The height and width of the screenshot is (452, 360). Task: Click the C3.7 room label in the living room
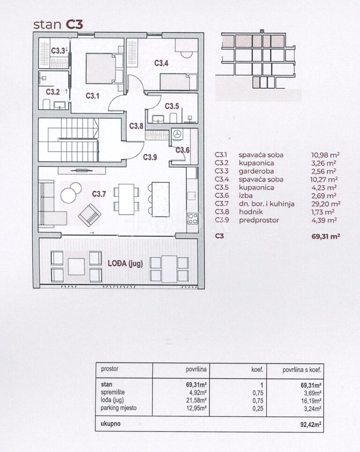99,194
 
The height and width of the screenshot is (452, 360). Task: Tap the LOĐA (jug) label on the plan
125,264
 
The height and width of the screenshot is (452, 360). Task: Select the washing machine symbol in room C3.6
177,134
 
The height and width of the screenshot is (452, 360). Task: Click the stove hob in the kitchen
193,218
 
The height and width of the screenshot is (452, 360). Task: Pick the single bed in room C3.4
178,82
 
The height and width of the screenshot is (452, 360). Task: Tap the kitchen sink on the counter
192,196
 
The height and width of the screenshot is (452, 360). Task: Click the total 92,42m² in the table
311,424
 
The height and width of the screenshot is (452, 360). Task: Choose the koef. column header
257,369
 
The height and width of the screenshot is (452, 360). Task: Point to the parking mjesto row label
119,408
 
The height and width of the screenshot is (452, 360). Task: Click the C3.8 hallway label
136,126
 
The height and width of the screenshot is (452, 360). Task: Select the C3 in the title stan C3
75,24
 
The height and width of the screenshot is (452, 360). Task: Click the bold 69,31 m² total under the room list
326,236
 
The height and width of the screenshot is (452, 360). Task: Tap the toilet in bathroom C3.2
46,104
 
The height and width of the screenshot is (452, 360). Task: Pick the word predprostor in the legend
259,220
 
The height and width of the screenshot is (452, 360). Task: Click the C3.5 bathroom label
172,106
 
